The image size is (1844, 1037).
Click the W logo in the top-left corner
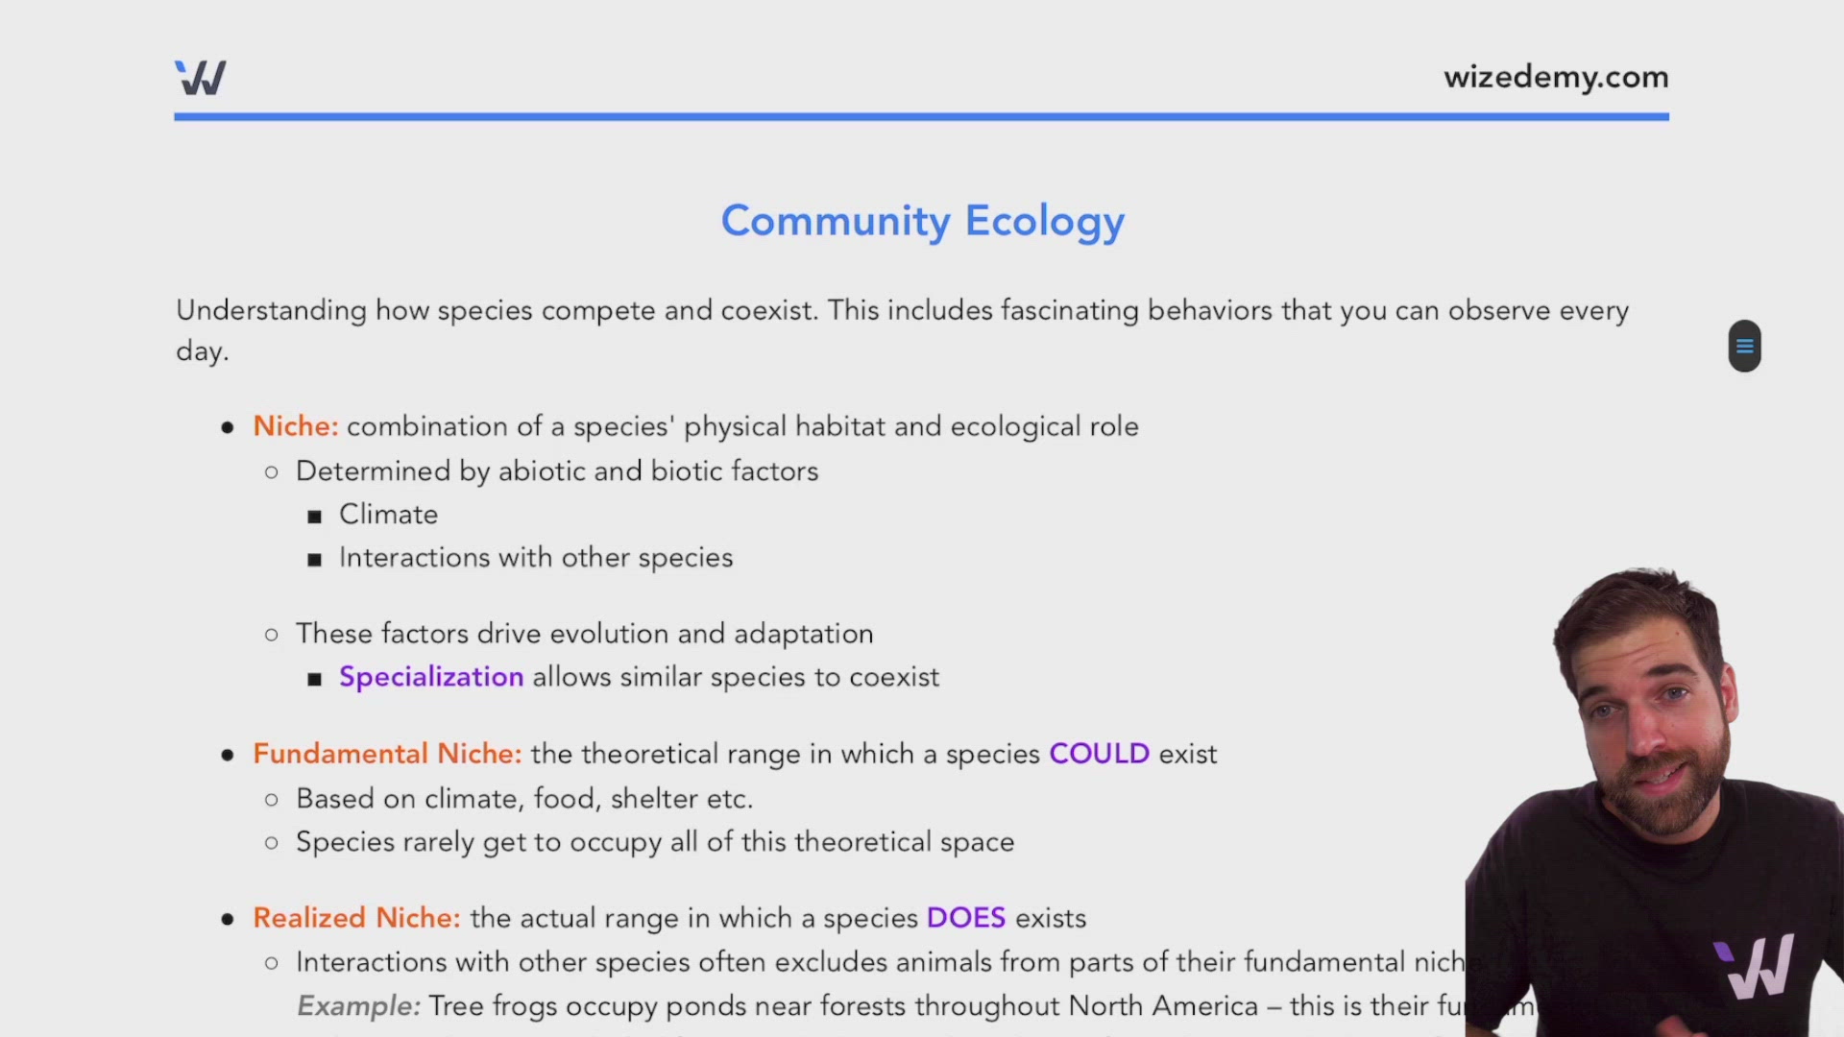point(201,78)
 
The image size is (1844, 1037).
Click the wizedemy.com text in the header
point(1555,77)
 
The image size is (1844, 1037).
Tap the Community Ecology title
point(922,221)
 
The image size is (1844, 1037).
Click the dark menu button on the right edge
point(1744,346)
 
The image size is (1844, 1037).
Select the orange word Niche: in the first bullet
point(295,426)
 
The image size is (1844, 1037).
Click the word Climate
point(388,515)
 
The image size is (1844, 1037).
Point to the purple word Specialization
point(431,677)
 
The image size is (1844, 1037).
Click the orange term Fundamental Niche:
point(387,754)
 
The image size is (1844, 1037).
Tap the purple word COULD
point(1099,754)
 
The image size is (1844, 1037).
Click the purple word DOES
point(965,918)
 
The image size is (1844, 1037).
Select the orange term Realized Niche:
point(356,918)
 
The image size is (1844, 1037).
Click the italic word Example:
point(358,1006)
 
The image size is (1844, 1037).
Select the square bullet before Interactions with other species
point(314,560)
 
